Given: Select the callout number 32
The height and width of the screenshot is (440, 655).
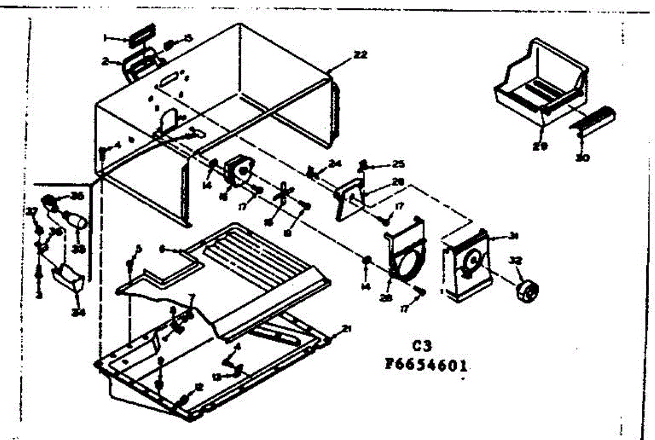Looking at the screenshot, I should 513,261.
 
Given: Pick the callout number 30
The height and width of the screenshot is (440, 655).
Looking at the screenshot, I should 583,158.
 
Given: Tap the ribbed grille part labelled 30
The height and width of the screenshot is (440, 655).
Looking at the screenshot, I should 594,119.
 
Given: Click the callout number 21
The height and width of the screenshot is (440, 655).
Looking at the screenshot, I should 346,328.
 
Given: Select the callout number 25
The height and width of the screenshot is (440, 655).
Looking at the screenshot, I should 399,164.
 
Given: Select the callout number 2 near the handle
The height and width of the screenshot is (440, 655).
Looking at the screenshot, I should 104,62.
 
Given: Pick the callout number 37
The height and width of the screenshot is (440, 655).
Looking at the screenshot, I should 32,211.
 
